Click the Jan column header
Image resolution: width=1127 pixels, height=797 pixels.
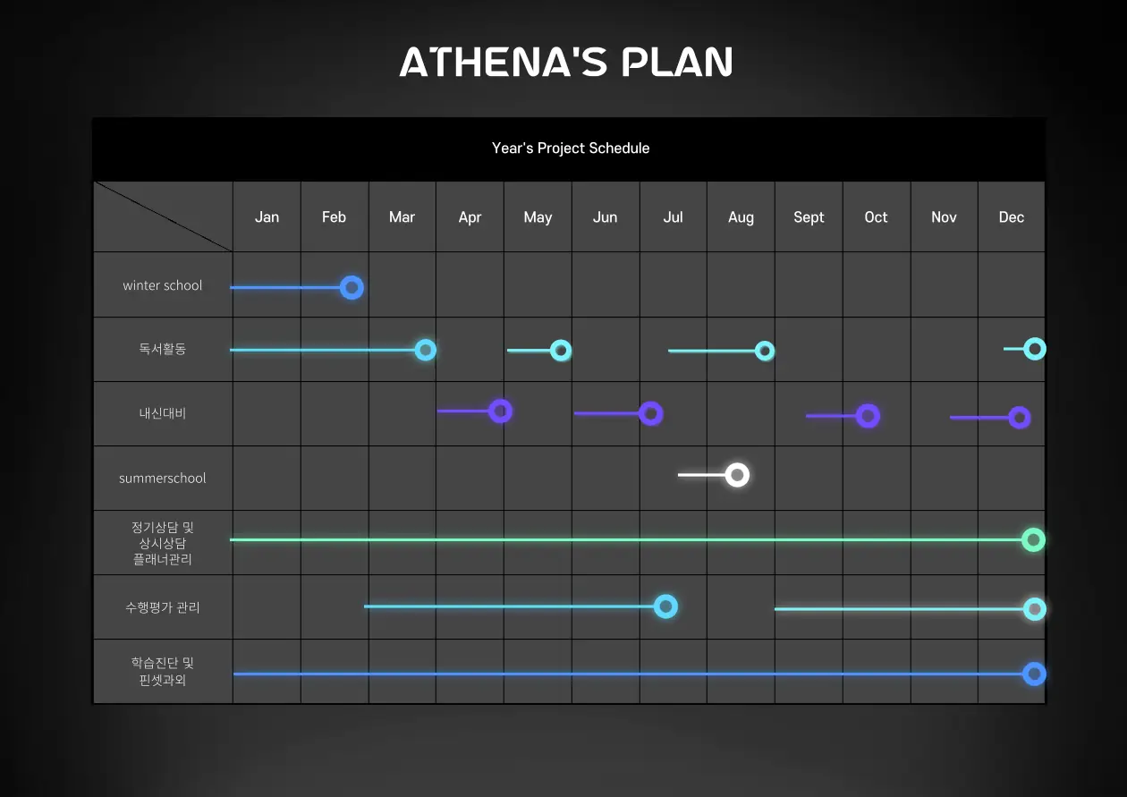[267, 216]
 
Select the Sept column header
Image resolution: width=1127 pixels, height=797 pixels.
[809, 217]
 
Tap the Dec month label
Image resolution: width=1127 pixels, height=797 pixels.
[1012, 216]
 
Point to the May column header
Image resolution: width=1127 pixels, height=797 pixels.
[538, 217]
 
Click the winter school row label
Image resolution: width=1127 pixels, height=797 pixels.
[163, 285]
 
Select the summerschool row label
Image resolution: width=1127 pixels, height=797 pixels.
[163, 478]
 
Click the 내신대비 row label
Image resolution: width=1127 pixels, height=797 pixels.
[163, 413]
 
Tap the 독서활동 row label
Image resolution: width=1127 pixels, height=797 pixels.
[163, 349]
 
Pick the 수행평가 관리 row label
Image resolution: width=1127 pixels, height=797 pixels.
[163, 607]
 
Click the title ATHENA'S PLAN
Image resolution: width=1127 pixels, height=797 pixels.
[566, 62]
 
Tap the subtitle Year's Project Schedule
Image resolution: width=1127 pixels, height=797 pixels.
[571, 148]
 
